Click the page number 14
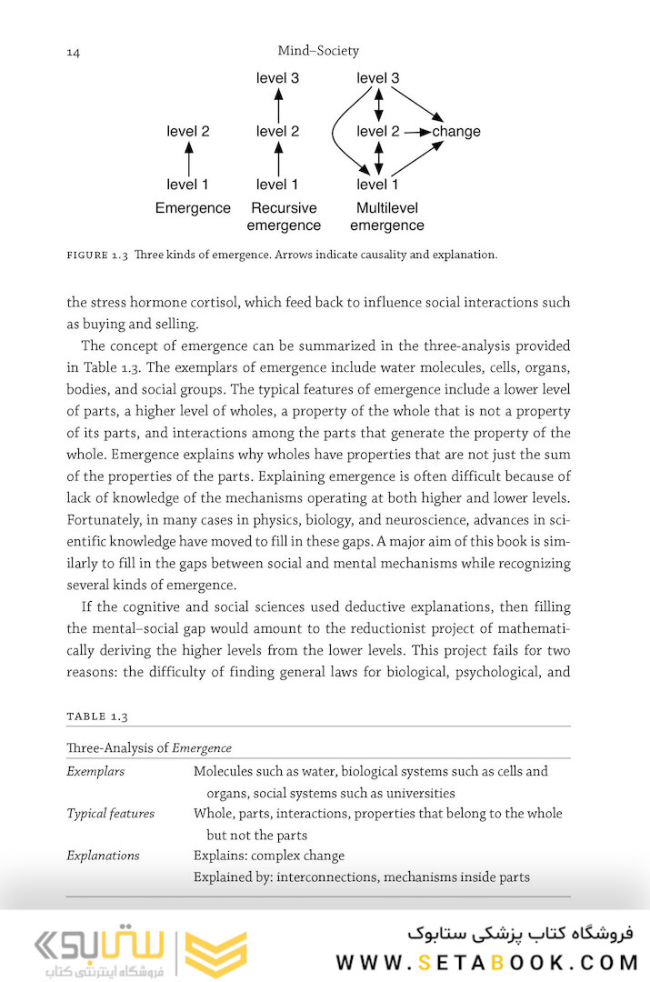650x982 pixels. [x=74, y=53]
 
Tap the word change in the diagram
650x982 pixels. [x=456, y=132]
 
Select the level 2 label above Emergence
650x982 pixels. [x=188, y=132]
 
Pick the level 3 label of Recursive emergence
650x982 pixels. [x=277, y=78]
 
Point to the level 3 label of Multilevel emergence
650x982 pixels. [x=377, y=78]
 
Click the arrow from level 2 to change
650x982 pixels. [x=416, y=132]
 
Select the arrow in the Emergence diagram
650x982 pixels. [x=188, y=159]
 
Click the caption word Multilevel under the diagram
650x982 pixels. [x=386, y=208]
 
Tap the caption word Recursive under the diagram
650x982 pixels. [x=284, y=208]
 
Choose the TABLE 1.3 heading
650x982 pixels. [x=97, y=716]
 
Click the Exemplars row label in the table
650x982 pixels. [x=95, y=772]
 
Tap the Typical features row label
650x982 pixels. [x=110, y=814]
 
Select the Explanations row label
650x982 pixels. [x=103, y=856]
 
